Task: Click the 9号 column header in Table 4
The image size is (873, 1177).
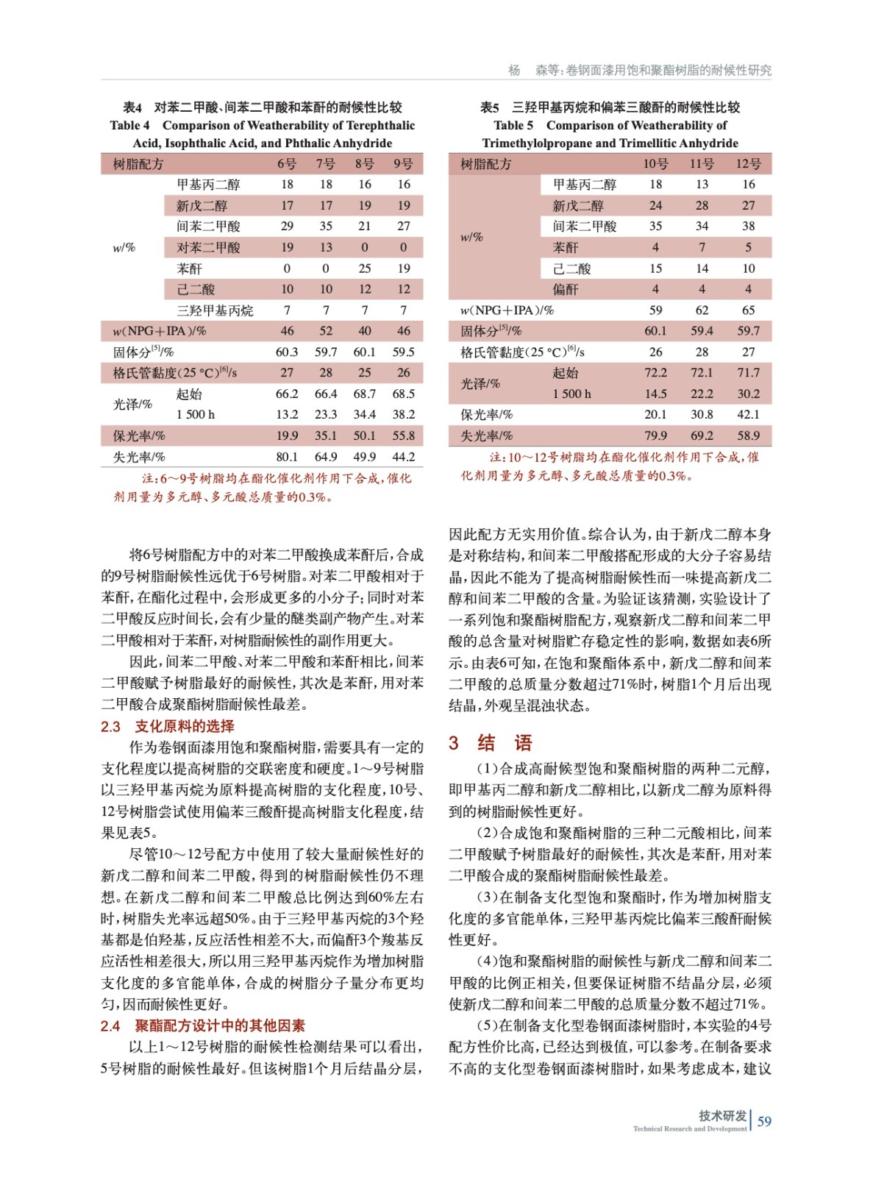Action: click(403, 163)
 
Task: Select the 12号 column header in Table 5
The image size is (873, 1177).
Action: click(748, 163)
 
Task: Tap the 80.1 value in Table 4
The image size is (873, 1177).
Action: click(287, 457)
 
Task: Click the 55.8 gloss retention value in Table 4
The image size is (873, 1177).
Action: click(403, 435)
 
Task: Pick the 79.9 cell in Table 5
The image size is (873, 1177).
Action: click(655, 435)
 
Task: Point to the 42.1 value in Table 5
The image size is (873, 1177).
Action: click(748, 414)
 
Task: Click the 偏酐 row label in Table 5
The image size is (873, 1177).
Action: click(566, 289)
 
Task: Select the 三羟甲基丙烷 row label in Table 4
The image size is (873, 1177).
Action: click(214, 310)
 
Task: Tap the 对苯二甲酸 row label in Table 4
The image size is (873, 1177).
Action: click(208, 247)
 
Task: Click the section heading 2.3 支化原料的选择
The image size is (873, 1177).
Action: click(168, 726)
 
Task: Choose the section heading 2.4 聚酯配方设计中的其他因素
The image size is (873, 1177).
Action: click(202, 1025)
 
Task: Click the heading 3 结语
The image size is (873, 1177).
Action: click(490, 743)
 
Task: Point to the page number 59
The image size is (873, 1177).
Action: click(764, 1121)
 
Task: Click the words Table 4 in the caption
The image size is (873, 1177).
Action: click(129, 125)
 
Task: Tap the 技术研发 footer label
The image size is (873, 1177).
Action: click(722, 1115)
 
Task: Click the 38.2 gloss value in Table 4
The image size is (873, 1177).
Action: click(403, 414)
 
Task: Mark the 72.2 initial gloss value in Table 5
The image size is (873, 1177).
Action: click(655, 373)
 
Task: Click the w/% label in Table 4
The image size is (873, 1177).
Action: click(124, 247)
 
